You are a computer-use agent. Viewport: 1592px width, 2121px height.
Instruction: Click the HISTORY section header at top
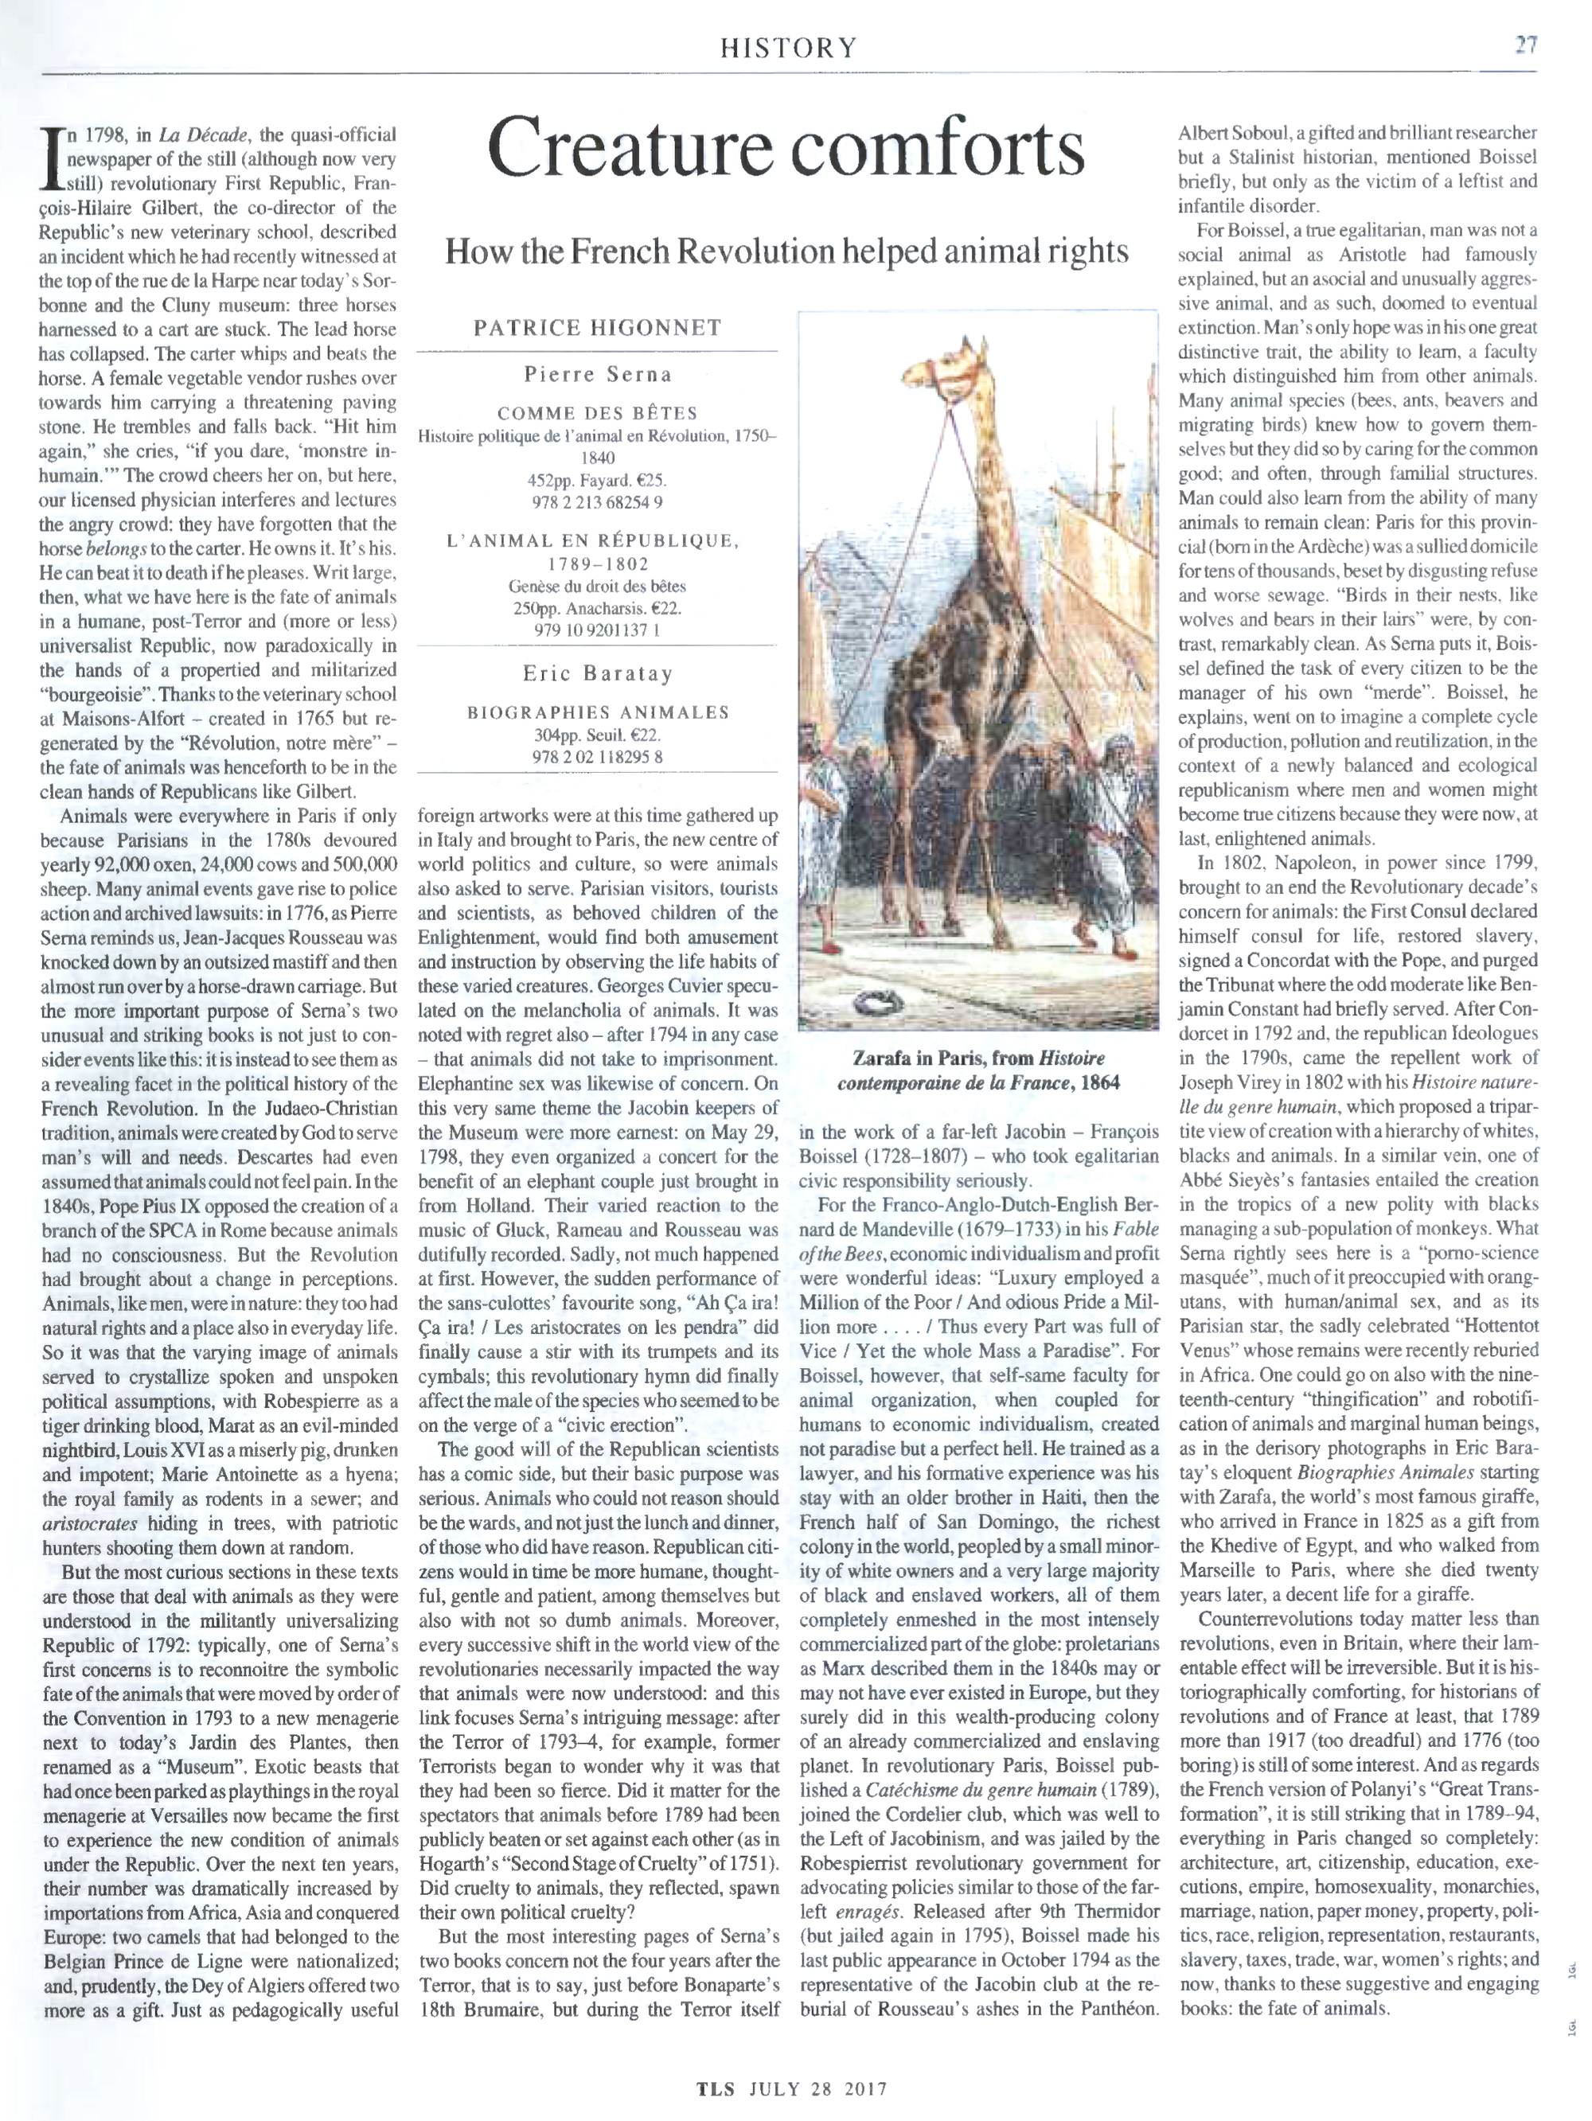tap(788, 46)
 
